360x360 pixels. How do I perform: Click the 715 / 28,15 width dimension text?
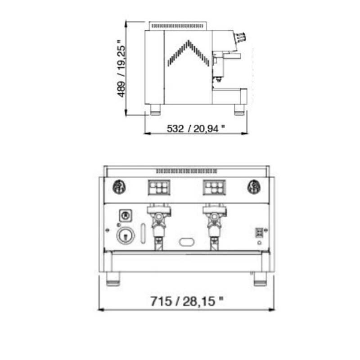[x=187, y=301]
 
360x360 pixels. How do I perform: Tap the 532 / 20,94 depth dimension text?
[x=196, y=128]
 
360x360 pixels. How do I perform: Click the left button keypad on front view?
[x=159, y=187]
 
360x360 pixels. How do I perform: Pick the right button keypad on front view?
[x=214, y=187]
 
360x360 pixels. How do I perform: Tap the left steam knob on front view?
[x=119, y=187]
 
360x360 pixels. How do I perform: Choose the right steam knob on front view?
[x=254, y=187]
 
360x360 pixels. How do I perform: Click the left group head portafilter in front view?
[x=159, y=226]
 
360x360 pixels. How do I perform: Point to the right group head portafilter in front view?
[x=215, y=226]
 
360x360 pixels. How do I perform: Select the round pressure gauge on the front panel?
[x=126, y=235]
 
